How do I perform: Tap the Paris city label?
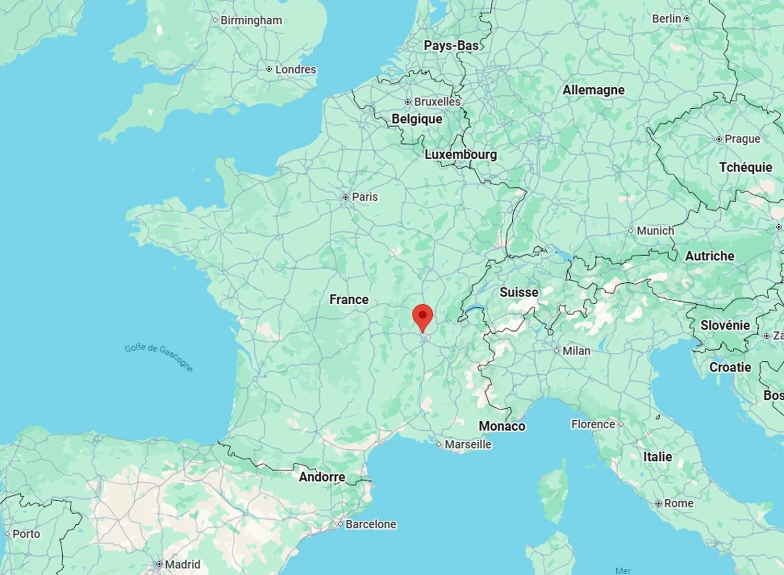pyautogui.click(x=364, y=197)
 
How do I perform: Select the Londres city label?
pyautogui.click(x=295, y=70)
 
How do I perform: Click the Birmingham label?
pyautogui.click(x=251, y=20)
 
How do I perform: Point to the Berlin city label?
pyautogui.click(x=666, y=19)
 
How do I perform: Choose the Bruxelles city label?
pyautogui.click(x=437, y=102)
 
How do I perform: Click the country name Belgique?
pyautogui.click(x=417, y=119)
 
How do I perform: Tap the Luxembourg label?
pyautogui.click(x=460, y=155)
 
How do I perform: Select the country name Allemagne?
pyautogui.click(x=593, y=90)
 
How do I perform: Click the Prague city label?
pyautogui.click(x=742, y=139)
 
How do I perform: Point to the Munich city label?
pyautogui.click(x=655, y=231)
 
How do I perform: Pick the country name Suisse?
pyautogui.click(x=518, y=292)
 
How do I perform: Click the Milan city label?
pyautogui.click(x=576, y=351)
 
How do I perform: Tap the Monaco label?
pyautogui.click(x=502, y=427)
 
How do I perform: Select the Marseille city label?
pyautogui.click(x=468, y=444)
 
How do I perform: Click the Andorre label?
pyautogui.click(x=322, y=477)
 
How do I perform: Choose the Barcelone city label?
pyautogui.click(x=371, y=524)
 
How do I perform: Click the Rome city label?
pyautogui.click(x=678, y=503)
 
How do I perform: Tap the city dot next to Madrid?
pyautogui.click(x=159, y=565)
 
